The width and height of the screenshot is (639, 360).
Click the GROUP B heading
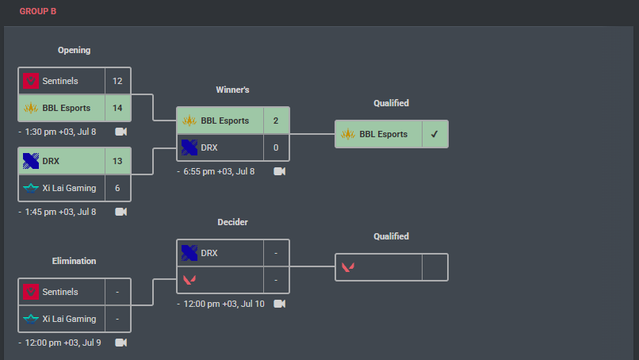38,12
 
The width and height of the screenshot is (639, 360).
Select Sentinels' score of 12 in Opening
117,81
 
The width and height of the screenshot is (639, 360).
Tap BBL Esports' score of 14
117,108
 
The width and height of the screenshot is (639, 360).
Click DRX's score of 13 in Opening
117,161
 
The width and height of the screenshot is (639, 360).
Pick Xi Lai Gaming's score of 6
117,188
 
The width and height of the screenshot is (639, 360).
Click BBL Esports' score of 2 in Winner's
276,121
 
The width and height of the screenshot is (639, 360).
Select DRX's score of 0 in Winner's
276,147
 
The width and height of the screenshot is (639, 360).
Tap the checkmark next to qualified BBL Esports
434,134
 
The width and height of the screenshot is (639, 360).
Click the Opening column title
75,50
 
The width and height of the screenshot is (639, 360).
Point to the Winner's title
232,90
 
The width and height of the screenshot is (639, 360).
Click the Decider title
232,222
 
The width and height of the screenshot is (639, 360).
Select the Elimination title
75,261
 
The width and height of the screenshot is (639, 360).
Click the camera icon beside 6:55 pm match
279,171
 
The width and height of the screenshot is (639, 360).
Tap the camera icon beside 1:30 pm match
121,132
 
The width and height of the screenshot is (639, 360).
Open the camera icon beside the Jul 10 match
279,304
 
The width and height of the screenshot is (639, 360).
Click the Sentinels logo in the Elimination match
32,292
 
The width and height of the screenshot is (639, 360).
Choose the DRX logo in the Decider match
189,253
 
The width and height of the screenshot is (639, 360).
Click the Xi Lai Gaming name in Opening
69,188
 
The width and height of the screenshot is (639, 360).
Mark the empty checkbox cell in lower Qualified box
434,267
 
